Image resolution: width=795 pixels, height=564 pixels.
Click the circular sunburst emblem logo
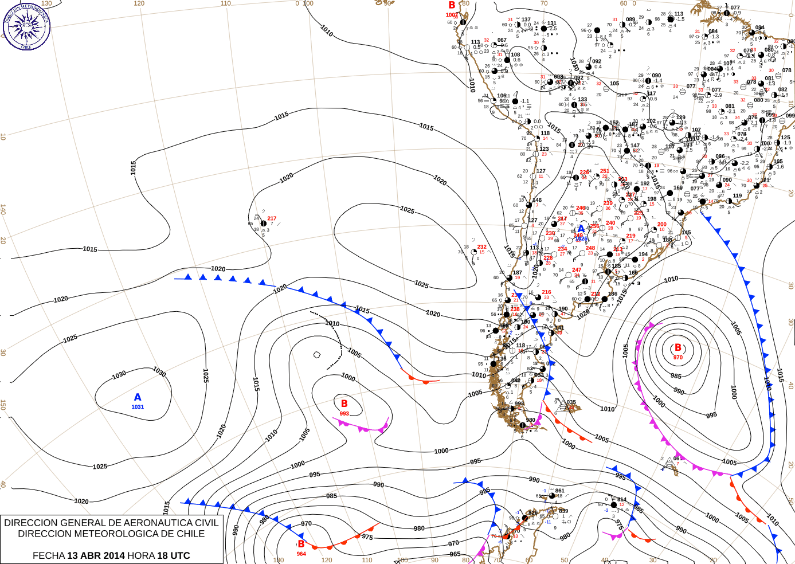coord(26,26)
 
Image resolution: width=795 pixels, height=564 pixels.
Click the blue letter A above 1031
coord(138,397)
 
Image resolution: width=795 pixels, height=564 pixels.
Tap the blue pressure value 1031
coord(138,407)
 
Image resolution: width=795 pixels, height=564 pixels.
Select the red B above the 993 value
coord(344,404)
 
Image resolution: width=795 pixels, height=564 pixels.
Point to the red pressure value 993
coord(344,413)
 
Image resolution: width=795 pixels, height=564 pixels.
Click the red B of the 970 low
coord(678,348)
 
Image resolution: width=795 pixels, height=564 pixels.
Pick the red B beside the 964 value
coord(301,544)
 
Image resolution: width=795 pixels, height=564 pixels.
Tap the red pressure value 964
coord(301,554)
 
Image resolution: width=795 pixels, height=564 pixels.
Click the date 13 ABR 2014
coord(96,555)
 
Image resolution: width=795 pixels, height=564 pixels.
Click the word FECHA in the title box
coord(48,555)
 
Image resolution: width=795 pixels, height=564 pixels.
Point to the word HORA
coord(141,555)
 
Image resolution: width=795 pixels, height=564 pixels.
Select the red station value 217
coord(272,218)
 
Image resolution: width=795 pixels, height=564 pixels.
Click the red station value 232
coord(482,247)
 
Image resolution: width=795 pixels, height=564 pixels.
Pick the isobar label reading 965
coord(455,554)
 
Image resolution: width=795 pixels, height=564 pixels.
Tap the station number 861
coord(560,491)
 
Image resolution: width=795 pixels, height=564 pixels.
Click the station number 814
coord(622,500)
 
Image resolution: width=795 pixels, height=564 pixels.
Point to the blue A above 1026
coord(581,229)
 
